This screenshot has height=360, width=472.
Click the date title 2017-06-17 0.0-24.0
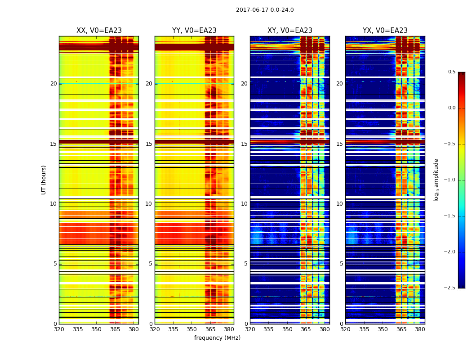coord(265,10)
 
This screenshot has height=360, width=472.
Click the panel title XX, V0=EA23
coord(99,31)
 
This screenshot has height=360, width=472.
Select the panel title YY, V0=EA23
coord(194,31)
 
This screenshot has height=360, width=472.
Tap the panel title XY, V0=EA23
coord(290,31)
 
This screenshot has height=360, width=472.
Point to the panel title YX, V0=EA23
coord(385,31)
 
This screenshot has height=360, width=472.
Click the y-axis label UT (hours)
coord(44,180)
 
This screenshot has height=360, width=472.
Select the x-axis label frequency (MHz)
coord(217,338)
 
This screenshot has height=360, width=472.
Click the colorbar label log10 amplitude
coord(436,180)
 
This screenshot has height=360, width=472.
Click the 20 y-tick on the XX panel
coord(53,84)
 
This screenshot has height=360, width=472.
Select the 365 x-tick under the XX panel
coord(115,329)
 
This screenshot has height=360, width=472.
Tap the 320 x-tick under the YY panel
coord(155,329)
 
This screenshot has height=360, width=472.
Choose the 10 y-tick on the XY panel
coord(245,204)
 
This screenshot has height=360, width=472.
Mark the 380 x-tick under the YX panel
coord(420,329)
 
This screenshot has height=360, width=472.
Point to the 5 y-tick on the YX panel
coord(342,264)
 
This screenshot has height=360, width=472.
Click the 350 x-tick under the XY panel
coord(287,329)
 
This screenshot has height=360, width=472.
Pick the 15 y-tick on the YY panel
coord(149,144)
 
